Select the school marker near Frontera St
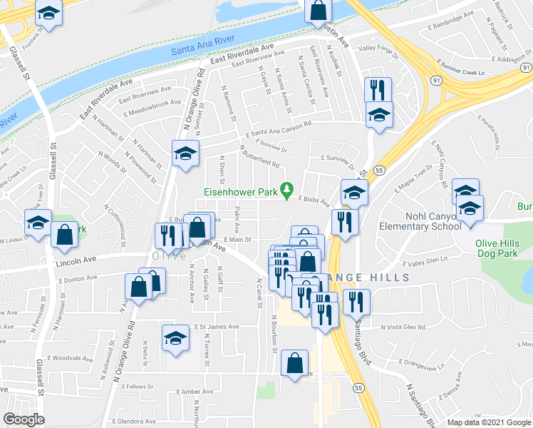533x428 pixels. click(x=48, y=14)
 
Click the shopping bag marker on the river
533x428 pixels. click(x=319, y=12)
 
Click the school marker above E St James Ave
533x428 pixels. click(x=175, y=338)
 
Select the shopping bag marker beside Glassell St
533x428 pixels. click(x=65, y=235)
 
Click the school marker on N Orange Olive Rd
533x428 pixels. click(x=185, y=153)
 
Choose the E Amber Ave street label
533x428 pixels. click(x=198, y=392)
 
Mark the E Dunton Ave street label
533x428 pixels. click(x=78, y=280)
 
